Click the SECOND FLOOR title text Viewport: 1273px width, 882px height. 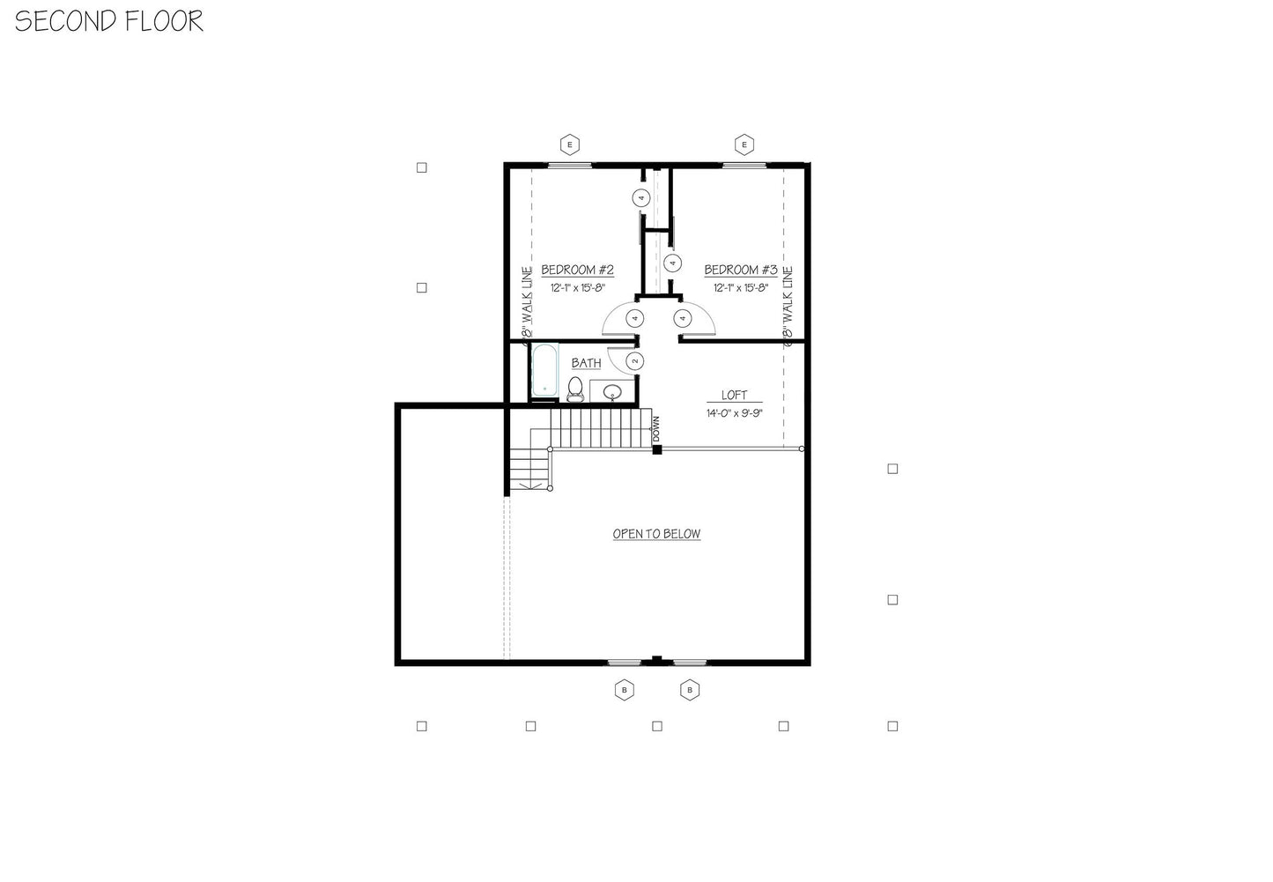(x=109, y=21)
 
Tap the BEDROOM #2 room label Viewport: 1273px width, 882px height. (x=577, y=270)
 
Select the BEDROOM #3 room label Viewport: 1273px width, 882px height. (x=740, y=270)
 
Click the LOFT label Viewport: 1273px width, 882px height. (x=734, y=396)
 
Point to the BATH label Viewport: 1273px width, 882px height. (x=586, y=363)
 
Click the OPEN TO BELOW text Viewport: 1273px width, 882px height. (x=656, y=534)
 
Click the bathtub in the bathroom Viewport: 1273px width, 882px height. (x=544, y=369)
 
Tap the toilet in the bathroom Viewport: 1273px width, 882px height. (x=575, y=388)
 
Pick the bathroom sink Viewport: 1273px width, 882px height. (x=611, y=391)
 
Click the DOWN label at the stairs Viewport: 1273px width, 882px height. (x=656, y=429)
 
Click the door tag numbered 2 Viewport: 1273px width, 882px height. (x=633, y=361)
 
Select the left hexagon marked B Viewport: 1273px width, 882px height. (x=624, y=690)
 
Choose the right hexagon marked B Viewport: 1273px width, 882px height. (x=690, y=690)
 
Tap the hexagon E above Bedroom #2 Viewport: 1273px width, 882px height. (x=570, y=145)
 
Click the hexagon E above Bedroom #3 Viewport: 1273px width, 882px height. (x=744, y=145)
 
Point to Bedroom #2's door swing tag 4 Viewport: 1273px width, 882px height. (x=633, y=318)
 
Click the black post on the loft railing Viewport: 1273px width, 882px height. (x=656, y=450)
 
